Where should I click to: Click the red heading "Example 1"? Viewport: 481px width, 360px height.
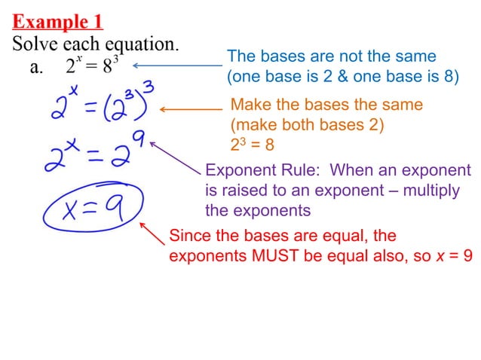[x=57, y=20]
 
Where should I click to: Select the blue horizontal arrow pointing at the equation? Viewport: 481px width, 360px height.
[x=177, y=66]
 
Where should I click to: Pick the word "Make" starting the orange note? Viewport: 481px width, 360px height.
[x=249, y=105]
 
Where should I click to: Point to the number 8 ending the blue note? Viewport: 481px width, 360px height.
[x=450, y=76]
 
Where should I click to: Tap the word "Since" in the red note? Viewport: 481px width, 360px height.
[x=189, y=236]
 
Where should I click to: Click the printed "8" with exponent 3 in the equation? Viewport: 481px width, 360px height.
[x=108, y=66]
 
